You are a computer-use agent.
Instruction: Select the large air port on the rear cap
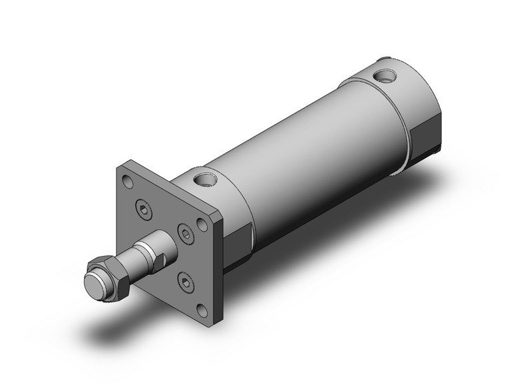point(384,74)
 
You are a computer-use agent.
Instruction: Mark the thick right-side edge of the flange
point(220,266)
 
